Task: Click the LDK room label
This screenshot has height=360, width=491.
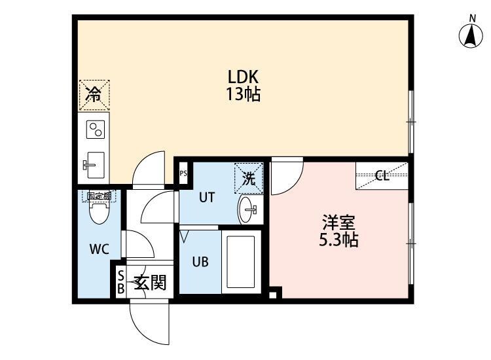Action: tap(243, 77)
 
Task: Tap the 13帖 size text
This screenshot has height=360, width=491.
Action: tap(243, 94)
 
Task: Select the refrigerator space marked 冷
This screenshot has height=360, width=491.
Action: tap(94, 94)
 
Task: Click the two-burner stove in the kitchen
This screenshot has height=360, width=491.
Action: tap(96, 129)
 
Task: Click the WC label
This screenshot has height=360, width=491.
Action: tap(99, 248)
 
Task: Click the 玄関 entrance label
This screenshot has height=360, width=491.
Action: tap(150, 283)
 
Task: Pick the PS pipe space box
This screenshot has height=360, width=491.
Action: tap(183, 173)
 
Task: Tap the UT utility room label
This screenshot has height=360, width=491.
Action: tap(207, 197)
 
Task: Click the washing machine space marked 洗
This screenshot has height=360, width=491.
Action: tap(249, 177)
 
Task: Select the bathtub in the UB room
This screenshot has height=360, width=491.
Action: tap(242, 259)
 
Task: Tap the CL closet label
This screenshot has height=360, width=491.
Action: tap(382, 176)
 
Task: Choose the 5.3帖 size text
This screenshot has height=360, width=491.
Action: tap(338, 240)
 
